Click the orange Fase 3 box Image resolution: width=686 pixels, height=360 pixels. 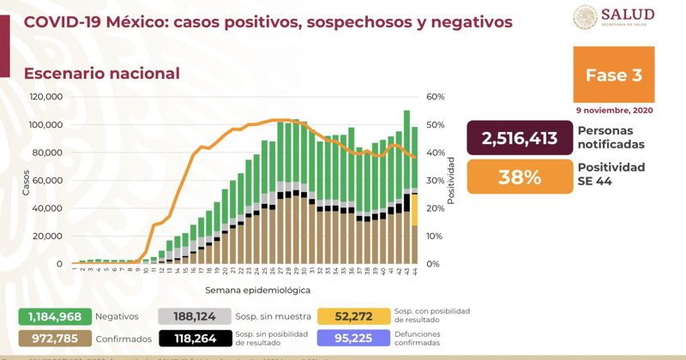(613, 75)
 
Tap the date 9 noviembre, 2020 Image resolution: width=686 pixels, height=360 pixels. (613, 110)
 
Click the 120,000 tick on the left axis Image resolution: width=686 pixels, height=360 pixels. (46, 97)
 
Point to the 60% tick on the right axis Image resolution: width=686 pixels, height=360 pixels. (435, 97)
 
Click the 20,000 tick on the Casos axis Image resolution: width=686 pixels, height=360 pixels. (49, 236)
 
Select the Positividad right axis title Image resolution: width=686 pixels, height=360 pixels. (451, 180)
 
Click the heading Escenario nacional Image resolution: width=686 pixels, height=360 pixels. (102, 74)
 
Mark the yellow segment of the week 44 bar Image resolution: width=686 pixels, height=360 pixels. (414, 211)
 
